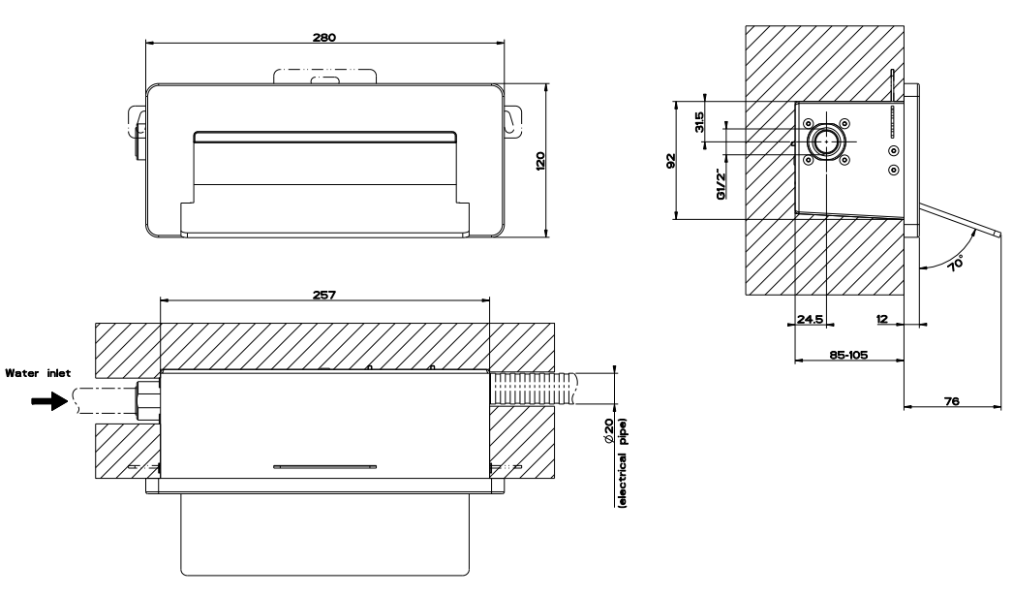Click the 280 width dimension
324,38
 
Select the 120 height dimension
540,161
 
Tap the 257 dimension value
324,295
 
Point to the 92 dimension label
670,161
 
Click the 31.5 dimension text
699,122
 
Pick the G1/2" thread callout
721,184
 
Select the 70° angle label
956,264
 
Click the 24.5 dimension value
811,319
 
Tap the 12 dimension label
882,319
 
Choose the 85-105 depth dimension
849,355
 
